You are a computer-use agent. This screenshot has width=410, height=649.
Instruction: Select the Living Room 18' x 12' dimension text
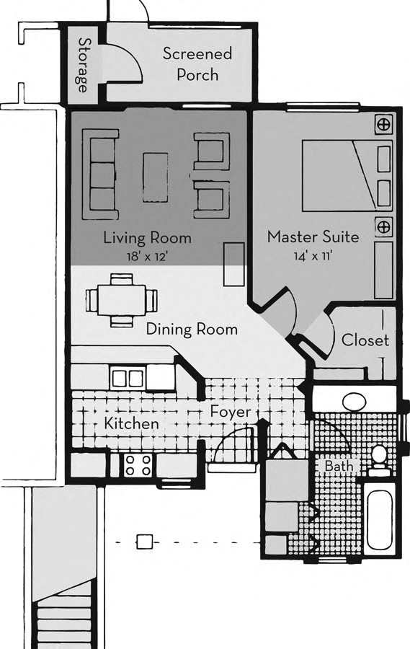pos(147,256)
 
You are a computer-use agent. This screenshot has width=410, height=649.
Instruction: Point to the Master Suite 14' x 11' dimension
pos(312,255)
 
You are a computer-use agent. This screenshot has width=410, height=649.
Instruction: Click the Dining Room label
pos(192,330)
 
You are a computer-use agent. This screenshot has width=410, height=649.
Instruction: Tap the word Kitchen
pos(131,423)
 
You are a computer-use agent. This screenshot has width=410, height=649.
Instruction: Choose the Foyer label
pos(231,412)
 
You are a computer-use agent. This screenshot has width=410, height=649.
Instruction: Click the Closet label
pos(365,340)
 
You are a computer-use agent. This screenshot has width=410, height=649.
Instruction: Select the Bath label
pos(339,467)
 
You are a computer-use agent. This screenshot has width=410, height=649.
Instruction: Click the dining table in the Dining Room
pos(120,299)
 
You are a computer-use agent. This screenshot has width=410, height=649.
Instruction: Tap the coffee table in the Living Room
pos(154,177)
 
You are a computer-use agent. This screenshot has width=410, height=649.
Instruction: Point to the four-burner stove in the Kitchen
pos(137,465)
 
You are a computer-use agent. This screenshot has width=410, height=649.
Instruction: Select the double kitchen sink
pos(128,378)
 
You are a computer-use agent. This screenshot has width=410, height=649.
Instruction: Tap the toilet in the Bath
pos(378,458)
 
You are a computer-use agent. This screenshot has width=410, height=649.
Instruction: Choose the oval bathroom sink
pos(354,401)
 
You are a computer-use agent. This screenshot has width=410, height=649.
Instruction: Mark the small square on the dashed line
pos(146,540)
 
